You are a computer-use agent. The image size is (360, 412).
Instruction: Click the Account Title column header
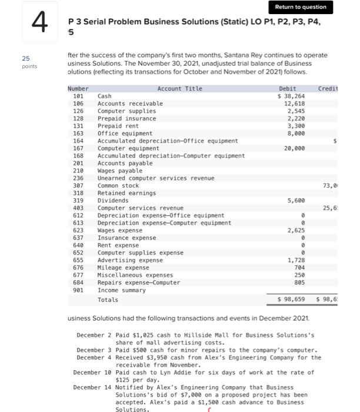pos(179,88)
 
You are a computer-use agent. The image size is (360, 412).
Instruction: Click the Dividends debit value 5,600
pos(296,201)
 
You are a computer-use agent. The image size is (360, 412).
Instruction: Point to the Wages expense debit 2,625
pos(296,230)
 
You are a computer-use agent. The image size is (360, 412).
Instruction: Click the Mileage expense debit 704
pos(299,267)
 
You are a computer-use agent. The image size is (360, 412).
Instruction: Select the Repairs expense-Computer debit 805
pos(299,283)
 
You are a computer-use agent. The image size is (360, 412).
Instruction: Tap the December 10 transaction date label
pos(93,373)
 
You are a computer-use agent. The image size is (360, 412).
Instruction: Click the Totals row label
pos(108,300)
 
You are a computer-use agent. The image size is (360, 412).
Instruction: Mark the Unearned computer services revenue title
pos(155,178)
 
